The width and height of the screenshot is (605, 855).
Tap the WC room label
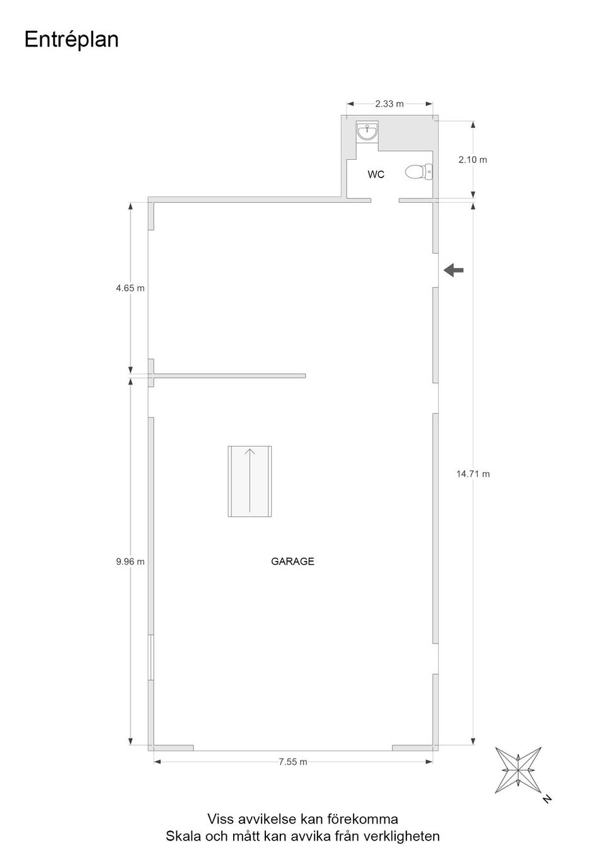[376, 174]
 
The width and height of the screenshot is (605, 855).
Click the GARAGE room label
[292, 561]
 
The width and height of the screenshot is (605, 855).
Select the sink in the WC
[367, 132]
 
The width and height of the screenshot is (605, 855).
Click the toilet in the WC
[418, 172]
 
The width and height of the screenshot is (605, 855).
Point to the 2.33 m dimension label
[389, 104]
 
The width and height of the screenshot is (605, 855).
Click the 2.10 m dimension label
[473, 159]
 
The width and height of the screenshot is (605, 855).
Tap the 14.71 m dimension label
[473, 473]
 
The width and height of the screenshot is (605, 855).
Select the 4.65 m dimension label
[130, 288]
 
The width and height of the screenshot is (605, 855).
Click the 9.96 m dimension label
[130, 562]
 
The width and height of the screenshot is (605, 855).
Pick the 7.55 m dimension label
[293, 761]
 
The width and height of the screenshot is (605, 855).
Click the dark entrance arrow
[453, 270]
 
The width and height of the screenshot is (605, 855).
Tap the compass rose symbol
[518, 770]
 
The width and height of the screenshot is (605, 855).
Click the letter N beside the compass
[547, 798]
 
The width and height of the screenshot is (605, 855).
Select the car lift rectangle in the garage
[250, 481]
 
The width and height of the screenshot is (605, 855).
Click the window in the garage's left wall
[151, 657]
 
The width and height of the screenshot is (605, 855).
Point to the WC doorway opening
[385, 200]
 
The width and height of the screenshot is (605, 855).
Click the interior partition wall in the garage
[229, 376]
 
